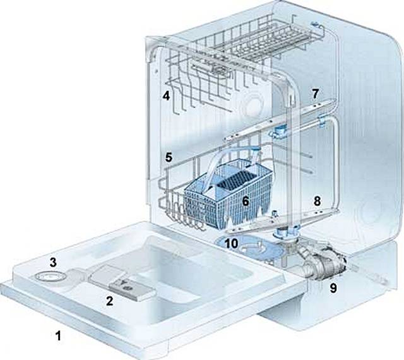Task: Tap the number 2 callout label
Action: coord(110,301)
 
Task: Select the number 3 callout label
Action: coord(53,263)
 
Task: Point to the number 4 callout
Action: coord(166,96)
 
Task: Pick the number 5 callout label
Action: coord(169,157)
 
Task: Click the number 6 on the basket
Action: coord(246,201)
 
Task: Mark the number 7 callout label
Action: coord(316,94)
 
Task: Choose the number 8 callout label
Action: coord(317,201)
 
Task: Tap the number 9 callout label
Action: coord(333,288)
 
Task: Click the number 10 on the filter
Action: coord(231,243)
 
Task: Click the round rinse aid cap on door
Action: coord(48,277)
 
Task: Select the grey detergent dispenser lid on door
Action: coord(121,282)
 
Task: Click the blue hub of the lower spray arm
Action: coord(285,232)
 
